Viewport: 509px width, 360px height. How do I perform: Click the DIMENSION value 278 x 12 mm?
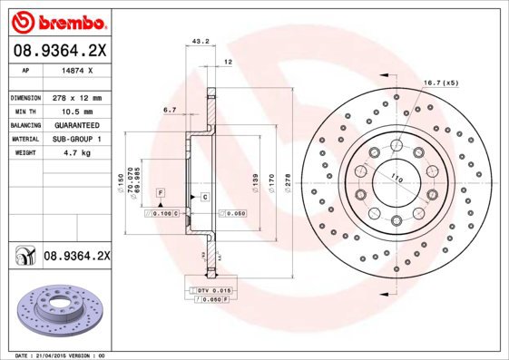(76, 97)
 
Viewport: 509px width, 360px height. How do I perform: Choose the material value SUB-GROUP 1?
(76, 139)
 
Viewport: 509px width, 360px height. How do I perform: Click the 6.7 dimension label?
(170, 110)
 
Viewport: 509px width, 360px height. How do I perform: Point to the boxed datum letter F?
(160, 194)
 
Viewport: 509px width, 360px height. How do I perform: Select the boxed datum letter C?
(205, 197)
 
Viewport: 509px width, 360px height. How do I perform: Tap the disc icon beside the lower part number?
(23, 258)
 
